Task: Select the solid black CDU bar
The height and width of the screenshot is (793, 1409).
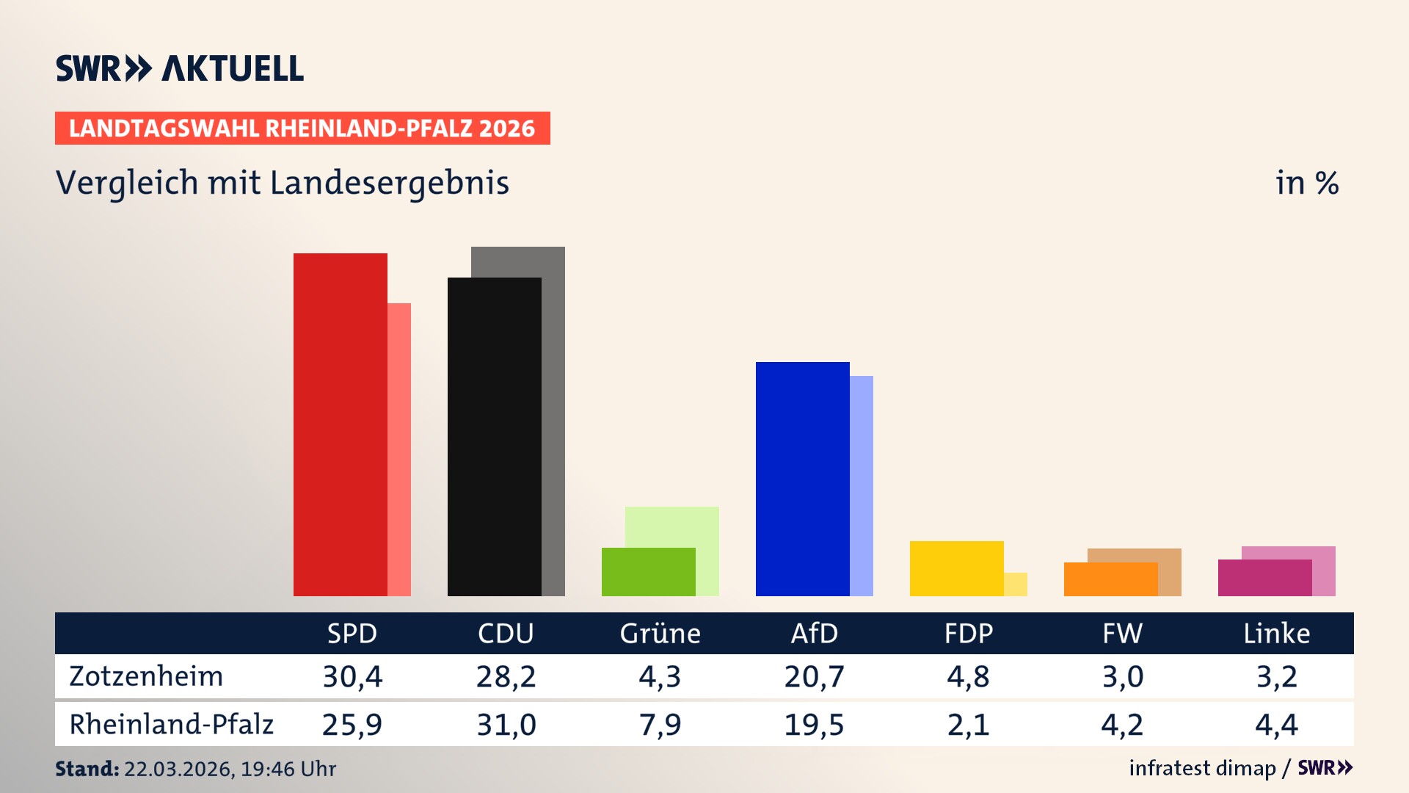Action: coord(494,437)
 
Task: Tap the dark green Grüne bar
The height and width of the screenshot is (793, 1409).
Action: coord(648,572)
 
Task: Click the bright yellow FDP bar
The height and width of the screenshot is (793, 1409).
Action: coord(956,568)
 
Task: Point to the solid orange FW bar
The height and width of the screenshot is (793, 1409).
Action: coord(1110,579)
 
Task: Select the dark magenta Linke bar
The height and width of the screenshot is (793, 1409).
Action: coord(1264,578)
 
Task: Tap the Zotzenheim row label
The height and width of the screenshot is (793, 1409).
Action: coord(146,676)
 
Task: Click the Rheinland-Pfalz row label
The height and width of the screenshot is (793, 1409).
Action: coord(171,725)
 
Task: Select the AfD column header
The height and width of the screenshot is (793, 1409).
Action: coord(814,634)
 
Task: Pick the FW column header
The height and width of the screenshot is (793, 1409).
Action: coord(1122,634)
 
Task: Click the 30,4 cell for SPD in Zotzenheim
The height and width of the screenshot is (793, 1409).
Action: coord(352,676)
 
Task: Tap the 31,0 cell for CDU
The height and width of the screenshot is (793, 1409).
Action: coord(506,725)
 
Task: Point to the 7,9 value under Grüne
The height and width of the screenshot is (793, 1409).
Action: coord(660,725)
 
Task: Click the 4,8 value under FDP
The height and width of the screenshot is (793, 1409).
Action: coord(968,676)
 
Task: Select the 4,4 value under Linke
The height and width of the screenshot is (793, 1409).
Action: coord(1276,725)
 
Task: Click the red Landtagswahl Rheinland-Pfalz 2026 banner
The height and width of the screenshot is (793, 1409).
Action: coord(302,128)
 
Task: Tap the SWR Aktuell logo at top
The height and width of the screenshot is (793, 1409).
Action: coord(180,68)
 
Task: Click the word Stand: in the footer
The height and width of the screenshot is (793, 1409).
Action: coord(87,769)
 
